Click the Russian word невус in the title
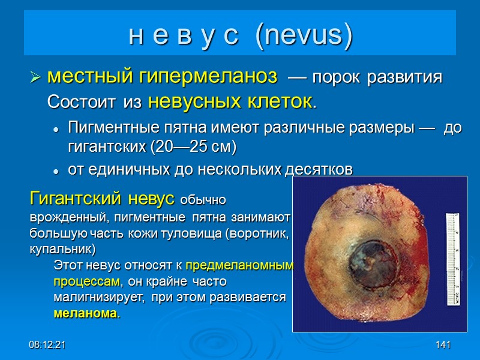coord(185,37)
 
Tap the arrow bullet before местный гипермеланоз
coord(35,78)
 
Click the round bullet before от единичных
coord(56,171)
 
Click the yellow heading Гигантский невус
coord(102,198)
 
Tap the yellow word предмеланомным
coord(240,265)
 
